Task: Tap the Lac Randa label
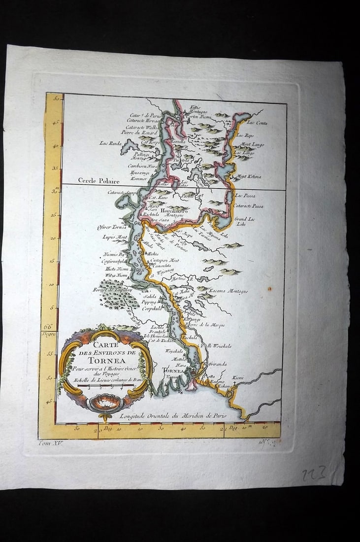coord(110,143)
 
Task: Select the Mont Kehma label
coord(248,176)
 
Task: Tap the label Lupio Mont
coord(115,237)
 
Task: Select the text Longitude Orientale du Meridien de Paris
coord(173,416)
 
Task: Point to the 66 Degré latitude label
coord(49,330)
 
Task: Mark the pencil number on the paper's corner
coord(316,475)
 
